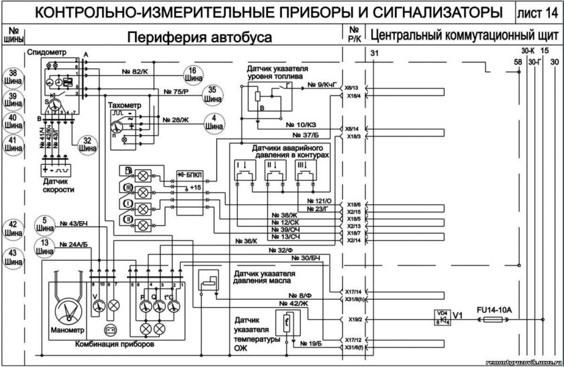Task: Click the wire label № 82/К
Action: [x=140, y=71]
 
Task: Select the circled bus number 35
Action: [x=212, y=93]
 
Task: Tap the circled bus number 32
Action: [x=85, y=145]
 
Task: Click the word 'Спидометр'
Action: [x=46, y=52]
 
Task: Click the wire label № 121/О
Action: [x=319, y=200]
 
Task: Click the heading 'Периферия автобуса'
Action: [x=199, y=37]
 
